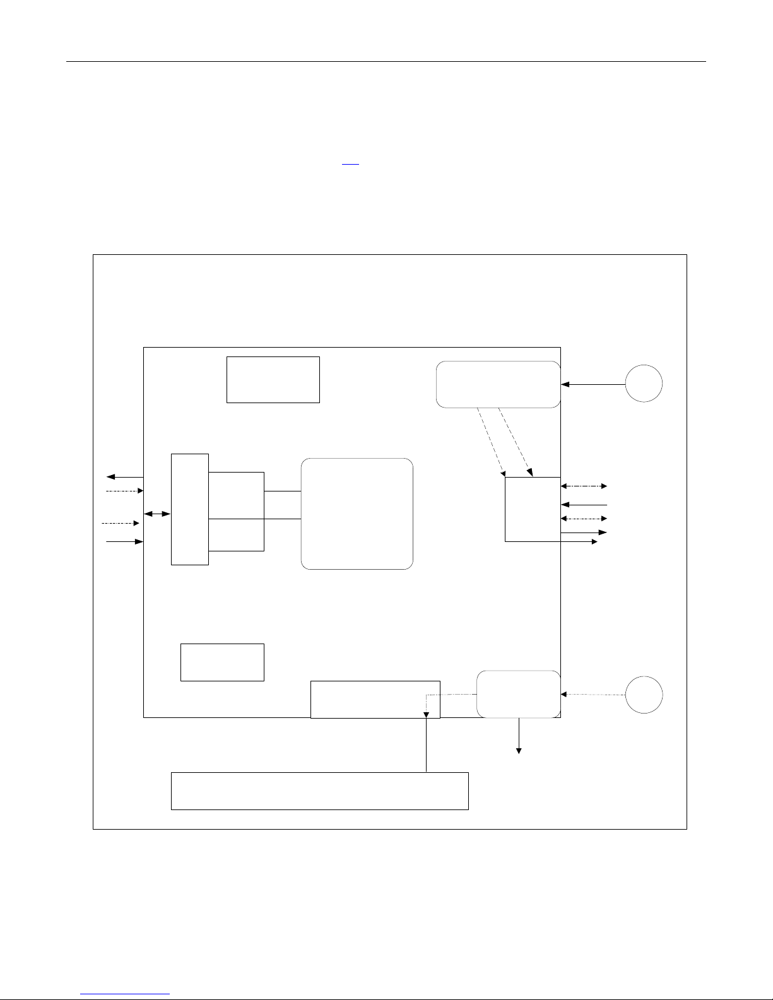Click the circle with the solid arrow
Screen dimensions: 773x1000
point(644,384)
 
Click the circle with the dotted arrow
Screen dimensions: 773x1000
point(644,695)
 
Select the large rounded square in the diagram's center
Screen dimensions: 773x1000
point(357,514)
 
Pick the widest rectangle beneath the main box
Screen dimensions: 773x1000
point(319,791)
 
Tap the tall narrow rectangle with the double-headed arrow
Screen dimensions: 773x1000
point(189,509)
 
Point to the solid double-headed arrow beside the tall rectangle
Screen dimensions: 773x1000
point(157,514)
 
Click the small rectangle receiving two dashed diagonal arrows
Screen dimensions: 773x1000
point(533,509)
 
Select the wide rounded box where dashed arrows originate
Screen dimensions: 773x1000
point(498,384)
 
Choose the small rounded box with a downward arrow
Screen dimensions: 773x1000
point(518,694)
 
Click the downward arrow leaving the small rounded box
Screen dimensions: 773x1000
point(519,736)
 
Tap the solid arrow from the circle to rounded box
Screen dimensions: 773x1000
point(593,384)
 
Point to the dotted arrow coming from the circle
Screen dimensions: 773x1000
point(593,695)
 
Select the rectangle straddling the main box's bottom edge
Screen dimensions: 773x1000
point(375,699)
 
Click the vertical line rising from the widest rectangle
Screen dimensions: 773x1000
point(427,744)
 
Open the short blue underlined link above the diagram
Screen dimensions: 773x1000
point(350,163)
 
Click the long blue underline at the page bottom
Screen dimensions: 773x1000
point(126,994)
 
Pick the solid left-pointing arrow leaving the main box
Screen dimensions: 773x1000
point(125,477)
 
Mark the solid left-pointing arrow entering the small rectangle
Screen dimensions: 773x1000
point(584,505)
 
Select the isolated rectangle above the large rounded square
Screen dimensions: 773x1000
point(273,379)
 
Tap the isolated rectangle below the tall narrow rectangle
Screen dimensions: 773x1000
point(222,662)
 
